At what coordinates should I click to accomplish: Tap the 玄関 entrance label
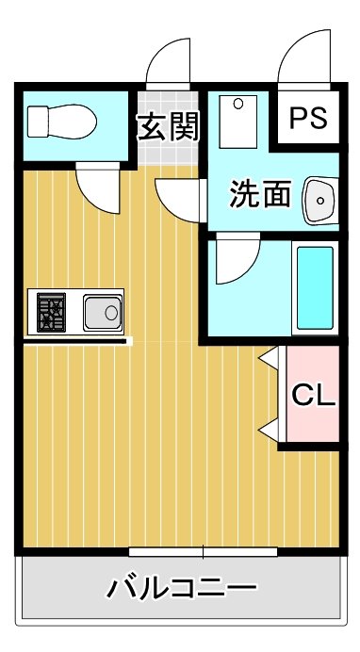[x=168, y=126]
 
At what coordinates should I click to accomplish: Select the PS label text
[x=307, y=119]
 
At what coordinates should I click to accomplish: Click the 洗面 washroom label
[x=260, y=197]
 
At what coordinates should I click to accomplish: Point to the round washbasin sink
[x=320, y=200]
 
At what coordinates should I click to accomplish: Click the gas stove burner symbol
[x=52, y=311]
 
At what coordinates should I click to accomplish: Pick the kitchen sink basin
[x=101, y=310]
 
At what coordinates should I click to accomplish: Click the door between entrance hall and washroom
[x=181, y=196]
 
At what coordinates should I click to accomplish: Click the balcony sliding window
[x=204, y=550]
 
